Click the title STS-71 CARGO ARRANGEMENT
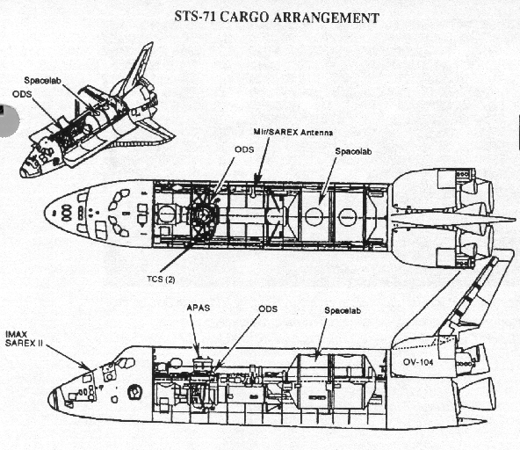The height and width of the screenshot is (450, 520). coord(277,18)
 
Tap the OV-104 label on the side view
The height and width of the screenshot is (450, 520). coord(418,362)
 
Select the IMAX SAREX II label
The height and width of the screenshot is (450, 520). coord(24,339)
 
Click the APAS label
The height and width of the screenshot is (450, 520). coord(199,308)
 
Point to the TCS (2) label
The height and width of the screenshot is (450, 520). coord(161,279)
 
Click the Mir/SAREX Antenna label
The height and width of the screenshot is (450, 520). coord(293,132)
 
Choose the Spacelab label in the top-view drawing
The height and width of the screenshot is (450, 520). coord(353,151)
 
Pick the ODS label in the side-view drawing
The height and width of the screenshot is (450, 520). coord(268,309)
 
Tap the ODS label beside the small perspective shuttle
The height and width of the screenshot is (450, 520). coord(22,94)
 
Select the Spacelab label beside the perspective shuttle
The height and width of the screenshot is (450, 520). coord(43,80)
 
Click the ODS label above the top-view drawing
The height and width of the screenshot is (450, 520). coord(244,149)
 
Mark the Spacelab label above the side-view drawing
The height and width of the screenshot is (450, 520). coord(343,310)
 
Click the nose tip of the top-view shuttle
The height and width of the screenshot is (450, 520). coord(45,213)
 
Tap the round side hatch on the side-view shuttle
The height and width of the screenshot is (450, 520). coord(134,392)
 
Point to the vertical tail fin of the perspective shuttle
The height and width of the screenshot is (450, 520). coord(139,68)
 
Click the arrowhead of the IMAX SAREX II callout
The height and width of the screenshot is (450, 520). coord(88,367)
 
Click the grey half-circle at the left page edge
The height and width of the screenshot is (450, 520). coord(10,121)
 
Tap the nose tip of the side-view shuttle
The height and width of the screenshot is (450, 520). coord(49,400)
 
